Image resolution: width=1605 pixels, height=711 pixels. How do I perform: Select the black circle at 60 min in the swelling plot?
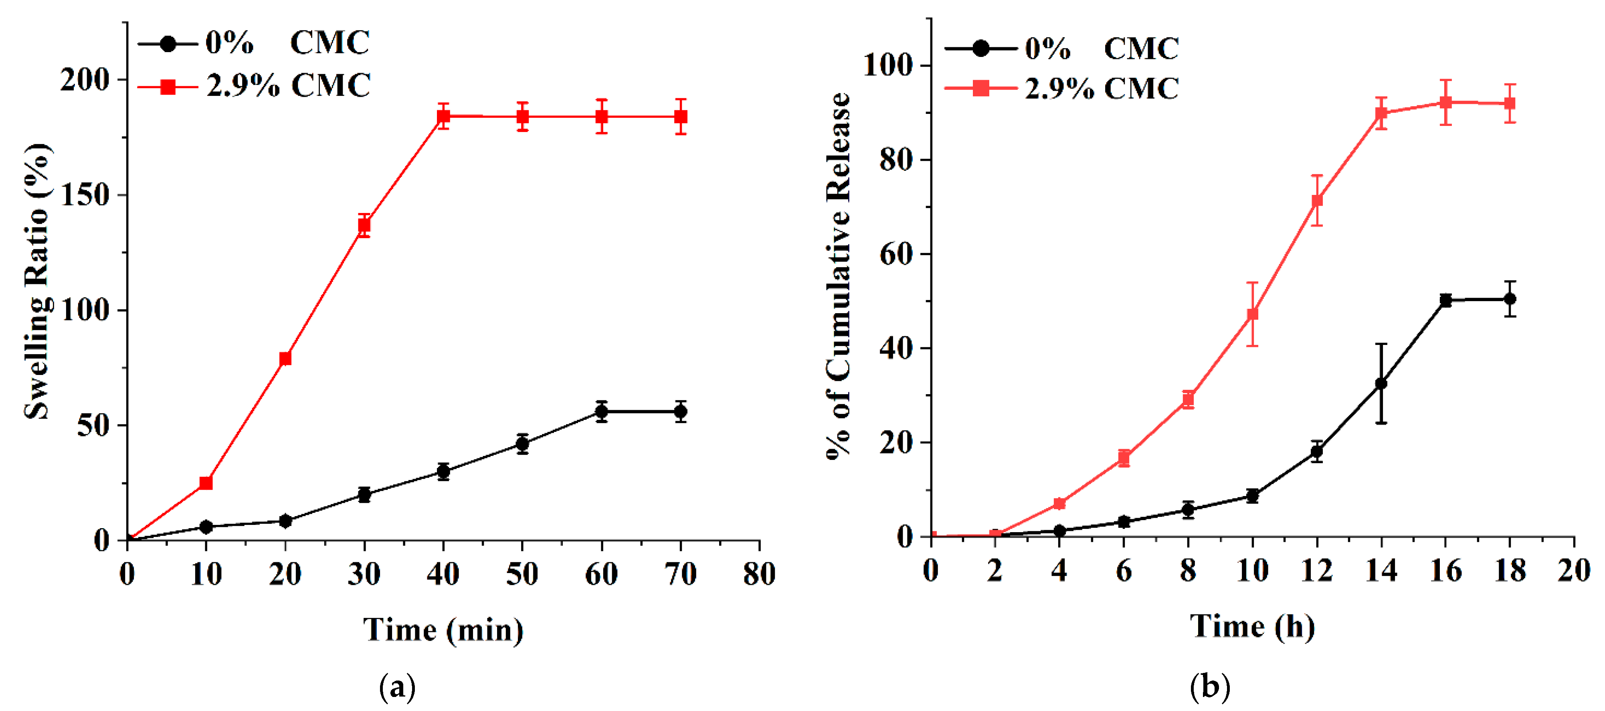[601, 412]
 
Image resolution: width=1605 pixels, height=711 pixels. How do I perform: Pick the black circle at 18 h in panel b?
[1510, 299]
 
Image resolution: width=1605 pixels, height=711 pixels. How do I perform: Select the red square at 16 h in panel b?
[1445, 102]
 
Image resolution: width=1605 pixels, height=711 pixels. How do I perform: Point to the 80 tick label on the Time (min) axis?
[759, 574]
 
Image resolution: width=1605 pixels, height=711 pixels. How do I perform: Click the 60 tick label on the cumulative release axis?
[895, 254]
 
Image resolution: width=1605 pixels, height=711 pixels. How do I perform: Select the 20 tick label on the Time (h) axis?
[1574, 571]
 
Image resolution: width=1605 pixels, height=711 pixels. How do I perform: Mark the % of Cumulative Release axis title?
[839, 275]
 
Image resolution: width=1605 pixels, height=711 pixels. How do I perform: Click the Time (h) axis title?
[1252, 626]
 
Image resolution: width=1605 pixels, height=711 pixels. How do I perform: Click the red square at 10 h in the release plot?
[1252, 314]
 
